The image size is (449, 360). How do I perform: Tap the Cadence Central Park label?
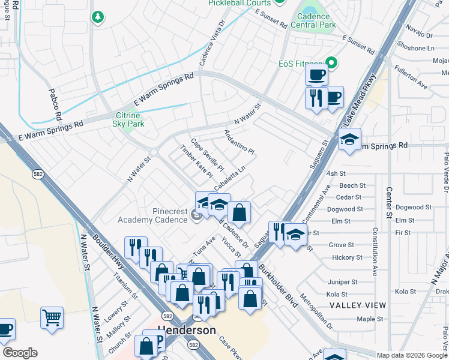pyautogui.click(x=313, y=20)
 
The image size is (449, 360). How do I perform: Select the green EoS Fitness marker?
pyautogui.click(x=331, y=62)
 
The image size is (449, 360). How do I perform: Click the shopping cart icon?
pyautogui.click(x=52, y=317)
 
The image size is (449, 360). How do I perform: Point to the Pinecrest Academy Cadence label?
pyautogui.click(x=163, y=215)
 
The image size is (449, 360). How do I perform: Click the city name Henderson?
pyautogui.click(x=186, y=331)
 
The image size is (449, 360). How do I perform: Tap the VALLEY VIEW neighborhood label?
pyautogui.click(x=357, y=305)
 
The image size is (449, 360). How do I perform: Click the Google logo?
pyautogui.click(x=19, y=353)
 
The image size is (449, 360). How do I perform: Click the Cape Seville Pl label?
pyautogui.click(x=207, y=154)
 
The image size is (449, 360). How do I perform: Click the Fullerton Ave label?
pyautogui.click(x=411, y=77)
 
